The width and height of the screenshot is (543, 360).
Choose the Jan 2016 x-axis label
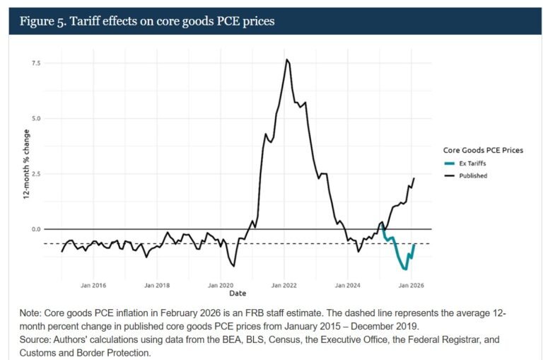click(94, 285)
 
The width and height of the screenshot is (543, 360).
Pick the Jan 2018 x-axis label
click(158, 285)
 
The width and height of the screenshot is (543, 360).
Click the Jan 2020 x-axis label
click(221, 285)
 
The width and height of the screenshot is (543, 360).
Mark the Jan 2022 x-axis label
click(284, 285)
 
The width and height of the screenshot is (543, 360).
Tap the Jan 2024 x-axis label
click(348, 285)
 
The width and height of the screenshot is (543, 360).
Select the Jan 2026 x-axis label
click(411, 285)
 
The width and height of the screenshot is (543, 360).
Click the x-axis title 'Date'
click(238, 293)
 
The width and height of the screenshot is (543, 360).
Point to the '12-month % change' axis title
click(26, 165)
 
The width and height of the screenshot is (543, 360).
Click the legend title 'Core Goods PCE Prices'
click(482, 150)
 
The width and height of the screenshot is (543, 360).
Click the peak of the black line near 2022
click(286, 59)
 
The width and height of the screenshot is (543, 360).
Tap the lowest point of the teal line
click(405, 269)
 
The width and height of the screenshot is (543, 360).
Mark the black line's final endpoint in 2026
click(414, 178)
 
